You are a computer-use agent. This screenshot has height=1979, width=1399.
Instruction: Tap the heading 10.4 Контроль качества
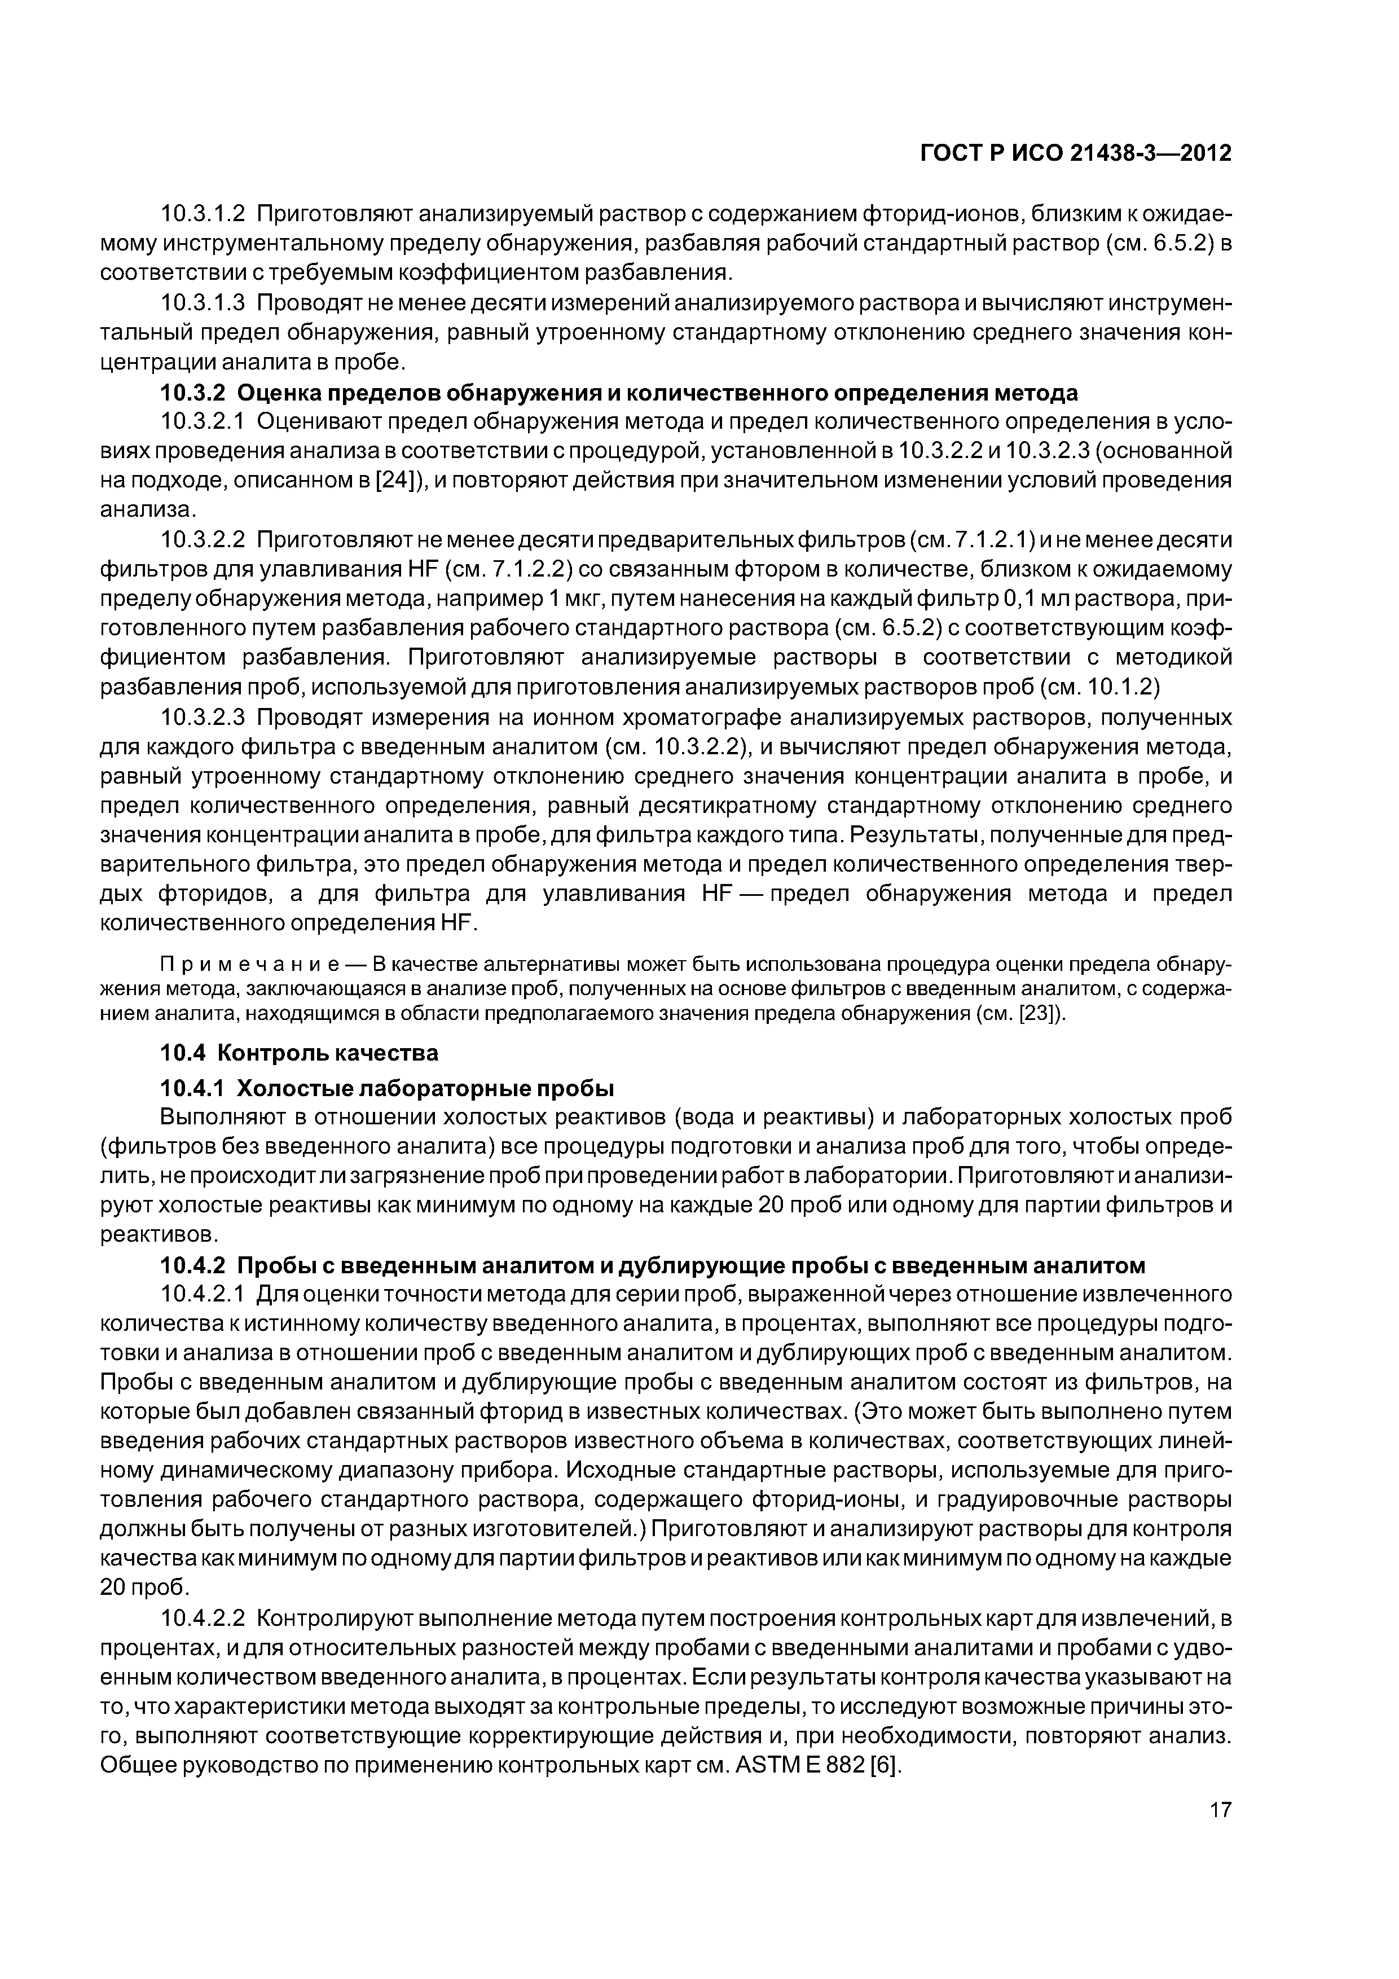(x=300, y=1053)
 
